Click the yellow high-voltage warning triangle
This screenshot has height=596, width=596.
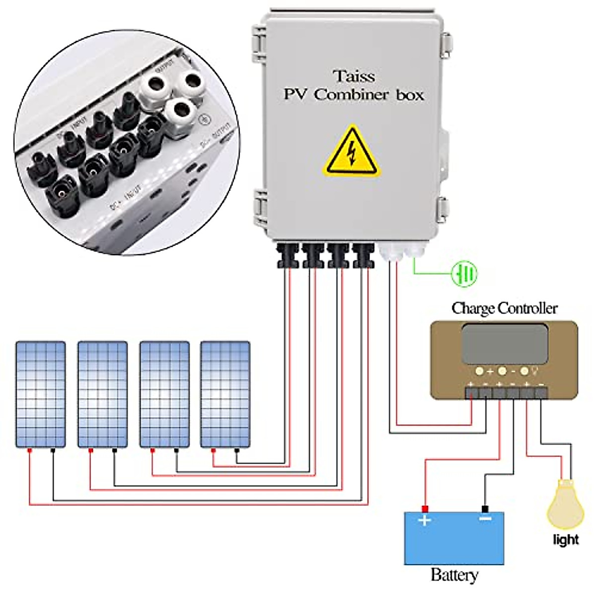tap(352, 152)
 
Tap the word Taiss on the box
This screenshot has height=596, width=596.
tap(354, 76)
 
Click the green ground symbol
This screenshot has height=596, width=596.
tap(464, 273)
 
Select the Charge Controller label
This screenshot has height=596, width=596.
tap(504, 308)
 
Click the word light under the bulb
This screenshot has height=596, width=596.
tap(566, 539)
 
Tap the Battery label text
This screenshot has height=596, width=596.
tap(454, 575)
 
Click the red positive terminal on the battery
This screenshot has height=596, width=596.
tap(425, 509)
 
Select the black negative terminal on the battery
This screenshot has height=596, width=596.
tap(485, 509)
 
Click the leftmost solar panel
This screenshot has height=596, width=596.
tap(40, 394)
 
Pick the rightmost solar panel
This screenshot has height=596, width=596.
tap(225, 394)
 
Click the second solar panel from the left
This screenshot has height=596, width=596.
tap(102, 394)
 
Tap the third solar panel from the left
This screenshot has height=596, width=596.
tap(164, 394)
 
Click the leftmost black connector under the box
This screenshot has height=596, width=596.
tap(287, 255)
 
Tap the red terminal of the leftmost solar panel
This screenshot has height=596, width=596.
tap(30, 450)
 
